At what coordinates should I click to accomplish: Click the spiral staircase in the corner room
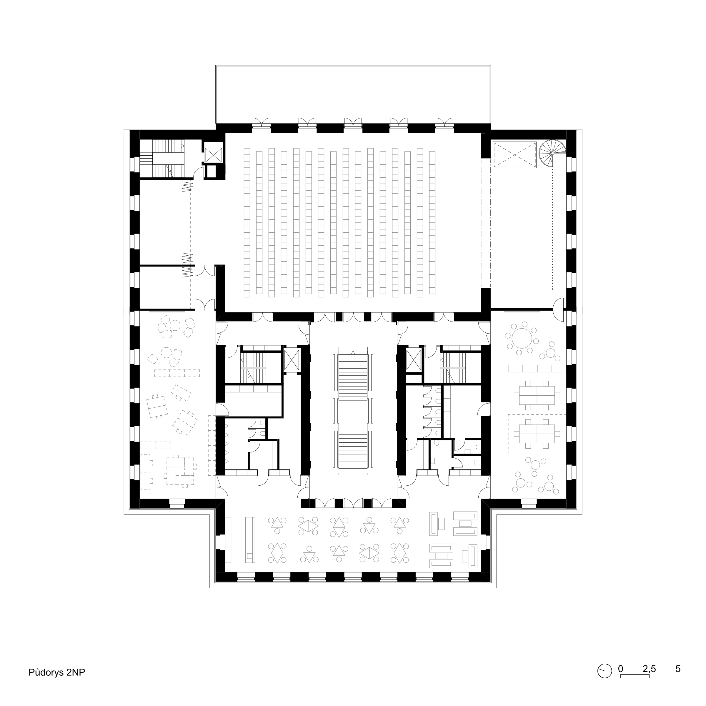pos(552,154)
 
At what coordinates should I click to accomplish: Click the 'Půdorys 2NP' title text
pos(57,672)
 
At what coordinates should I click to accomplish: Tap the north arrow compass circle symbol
pos(605,671)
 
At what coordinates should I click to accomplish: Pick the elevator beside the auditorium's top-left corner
pos(213,155)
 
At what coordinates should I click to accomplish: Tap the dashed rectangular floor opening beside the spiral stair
pos(514,155)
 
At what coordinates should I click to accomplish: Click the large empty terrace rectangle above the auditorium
pos(353,94)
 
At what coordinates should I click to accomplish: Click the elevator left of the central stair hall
pos(292,360)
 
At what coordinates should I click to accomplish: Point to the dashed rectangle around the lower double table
pos(537,434)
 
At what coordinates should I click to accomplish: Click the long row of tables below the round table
pos(537,368)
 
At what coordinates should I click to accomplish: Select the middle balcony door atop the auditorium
pos(353,123)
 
